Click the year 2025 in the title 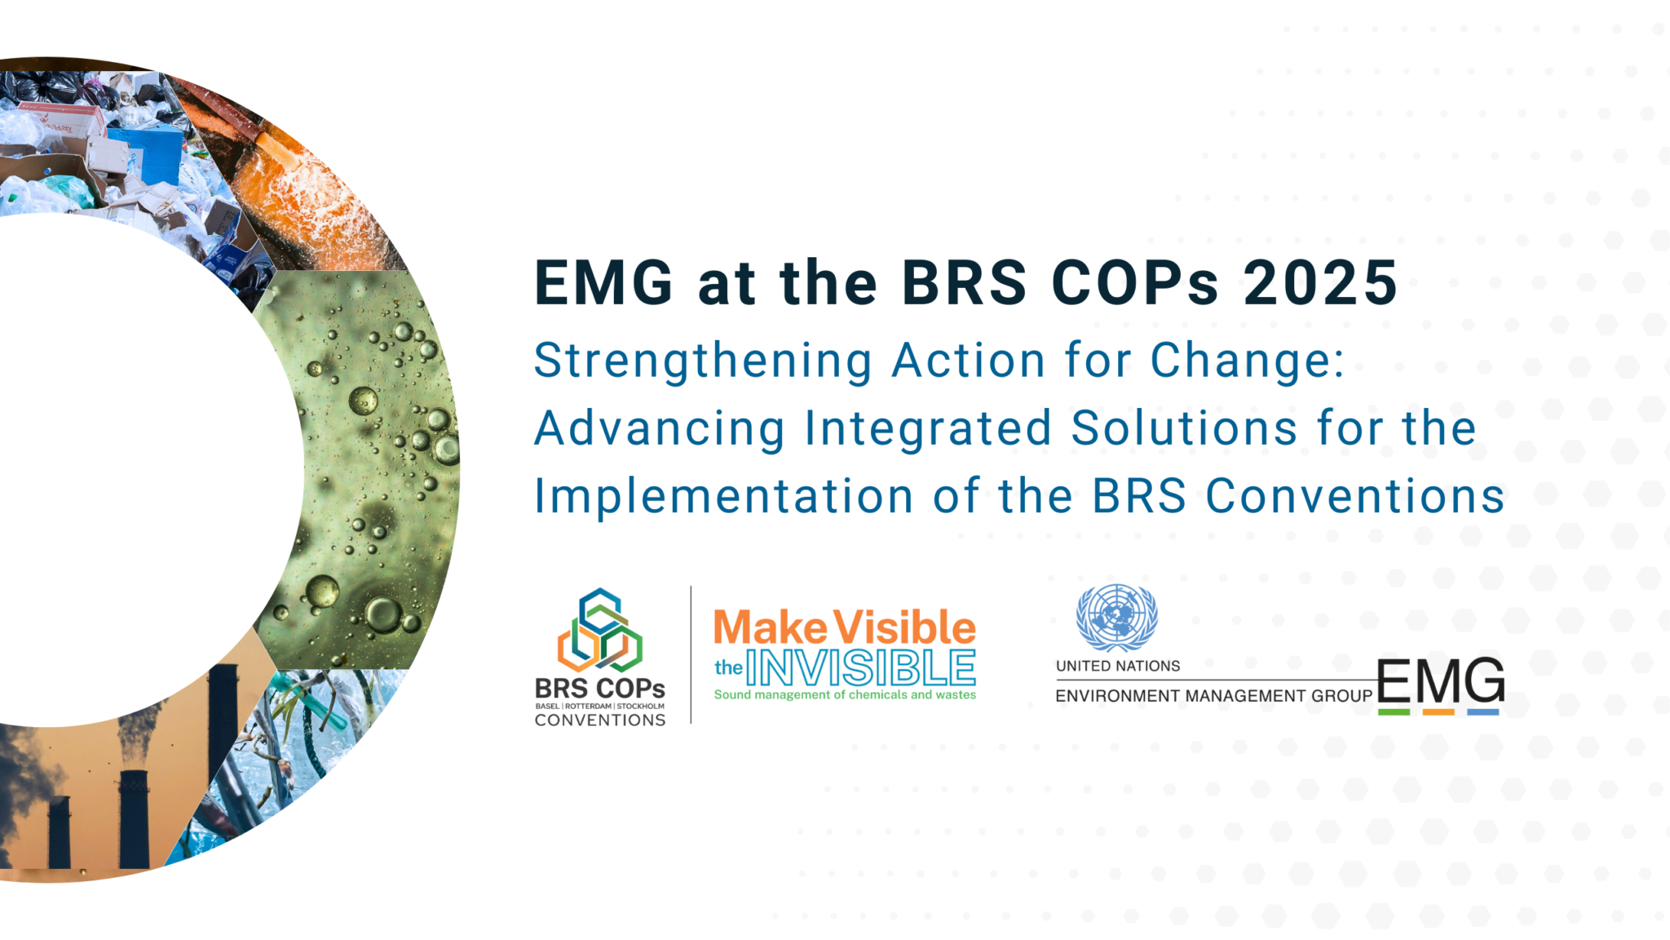(x=1319, y=283)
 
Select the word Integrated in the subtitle (x=928, y=428)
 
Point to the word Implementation (x=723, y=496)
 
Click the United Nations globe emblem (x=1116, y=617)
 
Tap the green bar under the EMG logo (x=1394, y=712)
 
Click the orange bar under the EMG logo (x=1438, y=712)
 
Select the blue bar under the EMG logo (x=1483, y=712)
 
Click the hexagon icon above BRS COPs (x=600, y=630)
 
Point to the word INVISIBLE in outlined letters (x=861, y=668)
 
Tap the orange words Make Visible (x=844, y=627)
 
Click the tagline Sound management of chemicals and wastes (x=845, y=695)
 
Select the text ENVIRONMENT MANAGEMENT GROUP (x=1213, y=696)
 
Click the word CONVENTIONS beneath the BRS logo (x=600, y=721)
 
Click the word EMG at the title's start (x=603, y=283)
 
